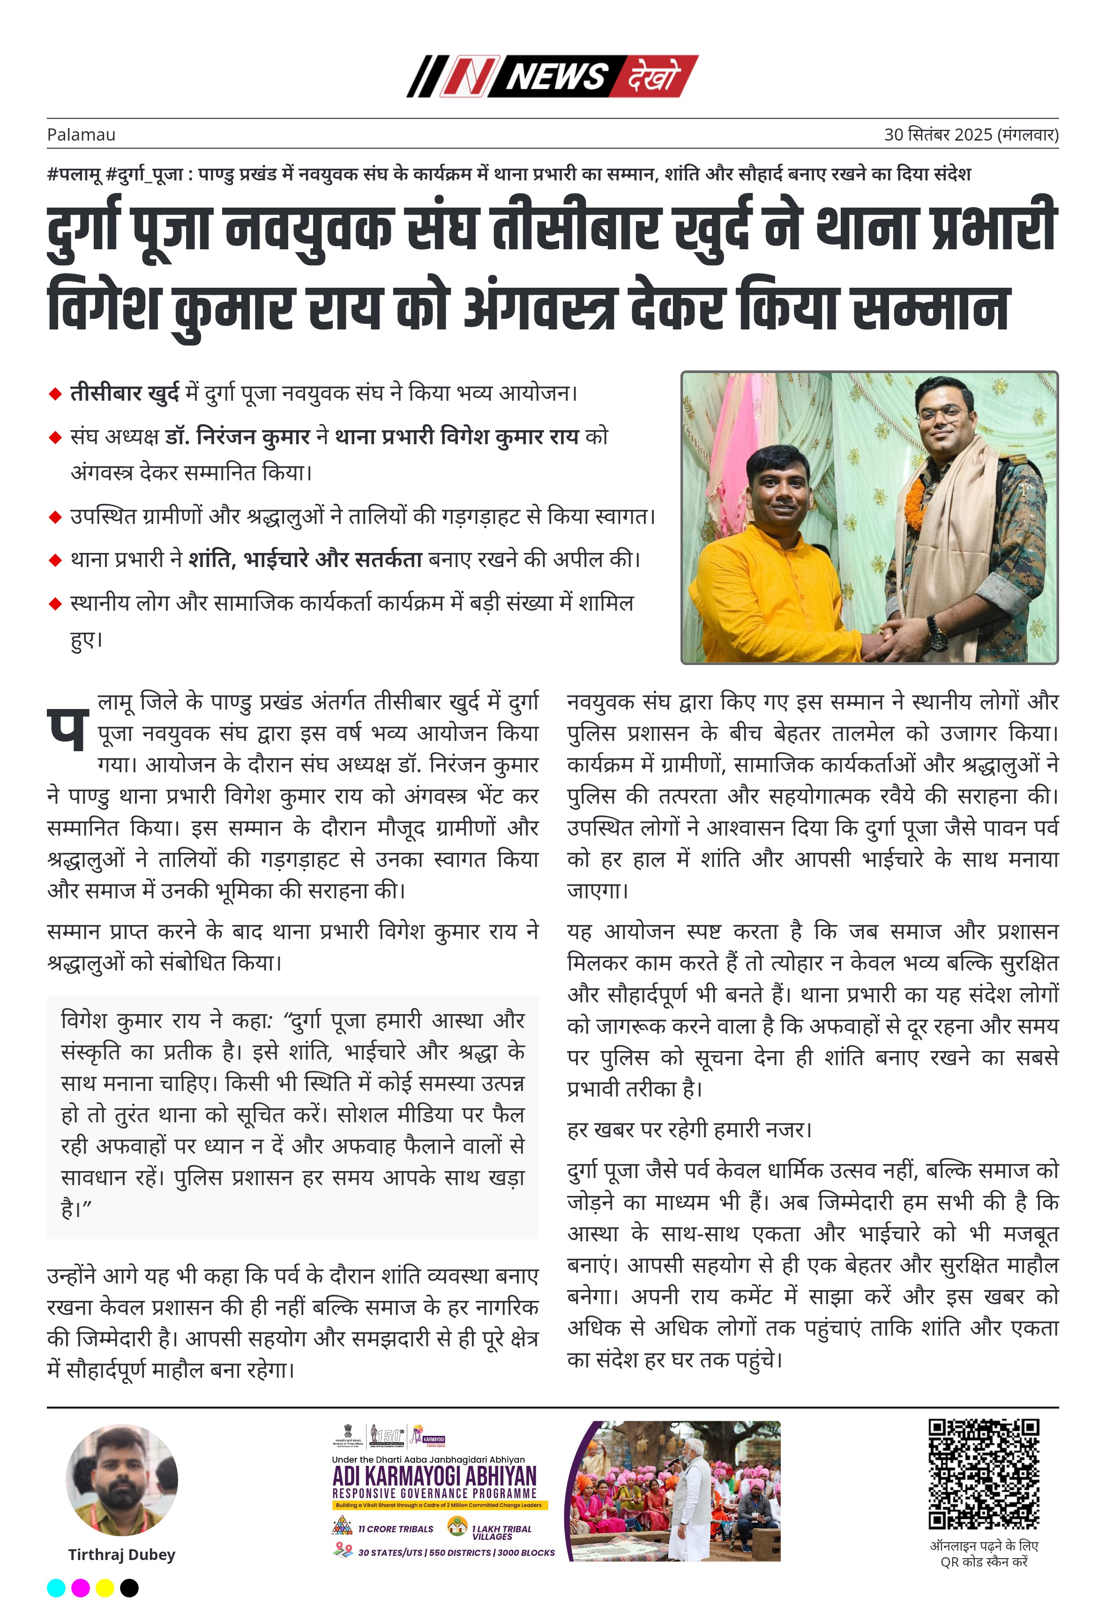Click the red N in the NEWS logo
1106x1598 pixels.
[x=469, y=76]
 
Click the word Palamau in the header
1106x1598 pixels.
[x=81, y=134]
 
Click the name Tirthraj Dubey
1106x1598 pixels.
[x=121, y=1554]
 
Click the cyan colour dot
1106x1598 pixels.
[x=56, y=1587]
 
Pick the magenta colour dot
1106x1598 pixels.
[x=81, y=1587]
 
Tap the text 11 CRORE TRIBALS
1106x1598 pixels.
[x=395, y=1528]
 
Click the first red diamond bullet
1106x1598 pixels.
[x=55, y=394]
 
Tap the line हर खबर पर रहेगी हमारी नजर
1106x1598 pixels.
[x=689, y=1129]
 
